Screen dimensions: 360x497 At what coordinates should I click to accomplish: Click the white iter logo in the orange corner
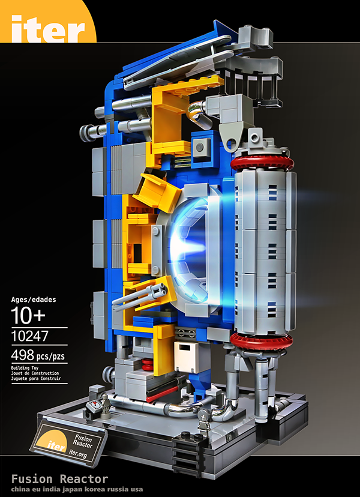[48, 29]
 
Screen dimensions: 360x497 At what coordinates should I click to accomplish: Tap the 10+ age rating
[28, 315]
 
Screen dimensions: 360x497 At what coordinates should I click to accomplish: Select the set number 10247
[29, 336]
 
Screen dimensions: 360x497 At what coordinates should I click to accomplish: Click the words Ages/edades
[34, 299]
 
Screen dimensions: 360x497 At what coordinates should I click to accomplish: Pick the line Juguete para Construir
[36, 379]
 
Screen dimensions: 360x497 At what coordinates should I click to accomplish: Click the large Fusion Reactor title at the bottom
[59, 478]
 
